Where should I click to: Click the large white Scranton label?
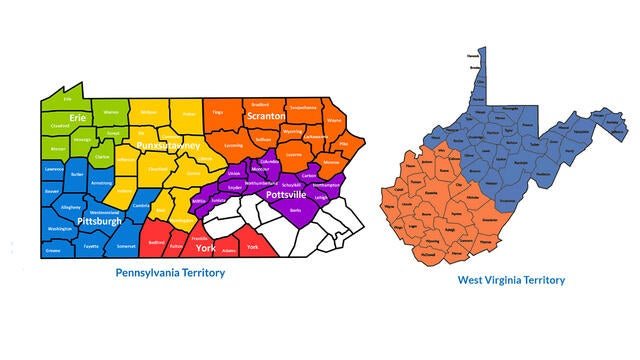coord(267,116)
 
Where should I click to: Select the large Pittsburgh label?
coord(99,220)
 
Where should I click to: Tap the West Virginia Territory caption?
coord(511,279)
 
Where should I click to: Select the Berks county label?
coord(294,210)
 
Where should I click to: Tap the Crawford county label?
coord(61,125)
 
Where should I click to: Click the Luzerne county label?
coord(293,155)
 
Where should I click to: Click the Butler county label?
coord(79,174)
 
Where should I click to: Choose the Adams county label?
coord(229,250)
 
